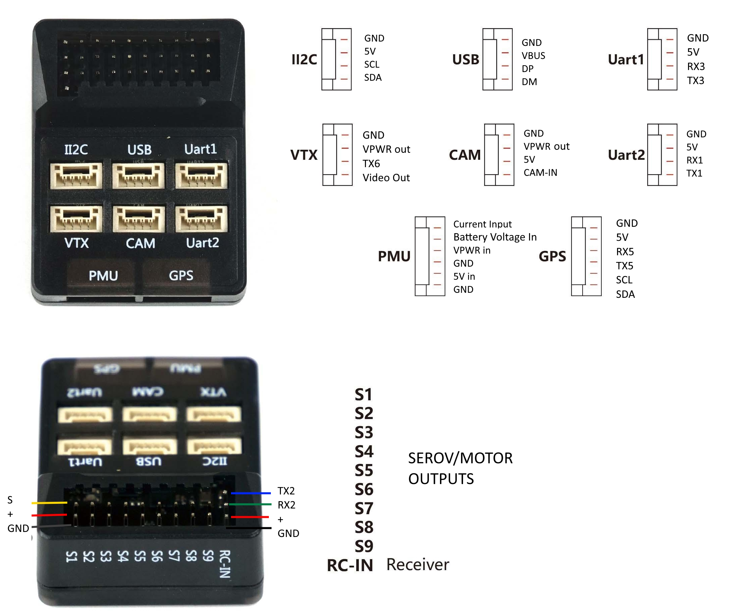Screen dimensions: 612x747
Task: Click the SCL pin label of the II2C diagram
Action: (x=372, y=65)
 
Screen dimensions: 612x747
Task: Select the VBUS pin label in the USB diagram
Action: (x=533, y=56)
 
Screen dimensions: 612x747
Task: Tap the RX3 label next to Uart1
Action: (x=695, y=66)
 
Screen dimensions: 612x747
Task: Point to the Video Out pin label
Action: (x=386, y=178)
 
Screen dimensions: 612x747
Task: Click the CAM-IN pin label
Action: (x=540, y=173)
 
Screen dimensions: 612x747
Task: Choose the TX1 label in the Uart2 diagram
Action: (x=694, y=174)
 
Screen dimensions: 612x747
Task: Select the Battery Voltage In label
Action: (x=495, y=237)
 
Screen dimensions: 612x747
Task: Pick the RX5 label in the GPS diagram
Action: (x=625, y=252)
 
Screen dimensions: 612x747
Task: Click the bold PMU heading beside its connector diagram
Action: (x=394, y=256)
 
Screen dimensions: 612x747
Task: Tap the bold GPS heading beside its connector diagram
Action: (x=552, y=256)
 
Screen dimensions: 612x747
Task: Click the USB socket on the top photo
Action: (x=139, y=175)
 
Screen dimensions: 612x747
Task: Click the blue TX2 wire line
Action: (x=250, y=493)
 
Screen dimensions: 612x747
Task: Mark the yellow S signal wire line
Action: (x=49, y=503)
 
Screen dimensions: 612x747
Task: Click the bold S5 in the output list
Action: (x=364, y=471)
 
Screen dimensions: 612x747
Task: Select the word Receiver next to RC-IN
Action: (x=418, y=565)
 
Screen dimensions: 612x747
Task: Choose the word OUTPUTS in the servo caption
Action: (x=441, y=479)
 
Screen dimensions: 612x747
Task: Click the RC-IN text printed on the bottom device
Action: (x=225, y=564)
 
